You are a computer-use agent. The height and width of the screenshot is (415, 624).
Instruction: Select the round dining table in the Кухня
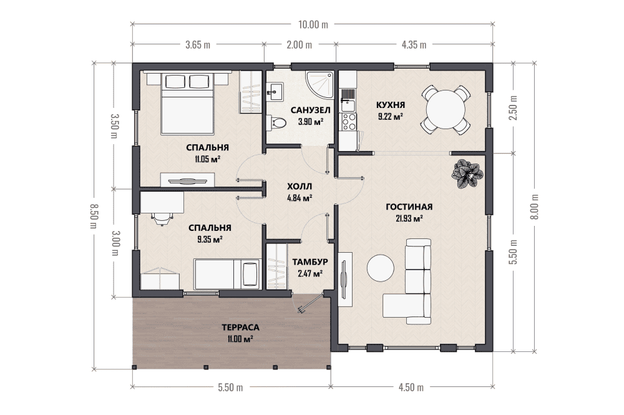pos(446,109)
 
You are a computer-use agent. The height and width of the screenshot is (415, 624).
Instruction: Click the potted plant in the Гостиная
pos(467,173)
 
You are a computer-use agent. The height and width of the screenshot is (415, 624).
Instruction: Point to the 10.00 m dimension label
pos(313,25)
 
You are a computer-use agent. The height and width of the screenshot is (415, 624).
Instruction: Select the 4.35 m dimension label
pos(414,44)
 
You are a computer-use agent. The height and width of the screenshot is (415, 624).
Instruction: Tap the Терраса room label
pos(240,328)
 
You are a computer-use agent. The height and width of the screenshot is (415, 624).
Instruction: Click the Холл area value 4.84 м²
pos(300,198)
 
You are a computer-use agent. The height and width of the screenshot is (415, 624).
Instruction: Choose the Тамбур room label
pos(310,262)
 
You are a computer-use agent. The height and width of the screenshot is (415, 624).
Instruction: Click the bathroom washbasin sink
pos(275,92)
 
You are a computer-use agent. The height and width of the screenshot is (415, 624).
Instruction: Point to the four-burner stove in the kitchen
pos(349,122)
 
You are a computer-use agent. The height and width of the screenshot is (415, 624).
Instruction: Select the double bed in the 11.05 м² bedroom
pos(188,104)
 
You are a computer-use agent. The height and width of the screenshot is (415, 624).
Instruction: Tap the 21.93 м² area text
pos(409,218)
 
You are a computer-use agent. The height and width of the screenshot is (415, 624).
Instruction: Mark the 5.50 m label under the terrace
pos(230,387)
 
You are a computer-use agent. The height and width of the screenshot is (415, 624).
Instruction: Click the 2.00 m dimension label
pos(300,44)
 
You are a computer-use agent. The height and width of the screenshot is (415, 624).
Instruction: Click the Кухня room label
pos(391,105)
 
